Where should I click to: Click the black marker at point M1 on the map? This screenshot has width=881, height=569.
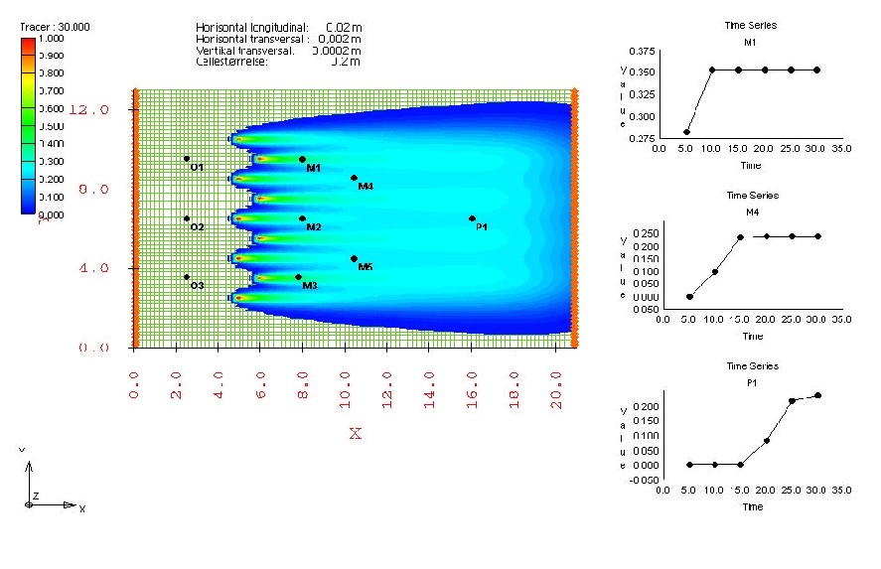coord(302,159)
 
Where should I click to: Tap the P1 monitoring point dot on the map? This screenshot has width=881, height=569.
coord(472,218)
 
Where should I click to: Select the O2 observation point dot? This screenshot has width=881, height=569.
coord(187,218)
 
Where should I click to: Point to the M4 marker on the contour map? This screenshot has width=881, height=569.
coord(354,178)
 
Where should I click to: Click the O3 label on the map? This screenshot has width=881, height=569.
coord(198,286)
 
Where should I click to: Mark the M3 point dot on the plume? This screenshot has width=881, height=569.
coord(298,277)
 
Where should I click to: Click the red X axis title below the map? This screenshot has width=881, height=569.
coord(355,434)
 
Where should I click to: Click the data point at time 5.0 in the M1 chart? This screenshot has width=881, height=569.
coord(686,132)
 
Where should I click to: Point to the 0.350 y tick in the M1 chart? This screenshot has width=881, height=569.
coord(642,71)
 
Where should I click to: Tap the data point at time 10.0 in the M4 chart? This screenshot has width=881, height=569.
coord(714,271)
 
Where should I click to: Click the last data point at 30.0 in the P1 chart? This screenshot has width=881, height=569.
coord(817,395)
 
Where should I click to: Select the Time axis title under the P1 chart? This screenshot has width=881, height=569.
coord(752,506)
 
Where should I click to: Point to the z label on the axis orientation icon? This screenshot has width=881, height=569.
coord(36,494)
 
